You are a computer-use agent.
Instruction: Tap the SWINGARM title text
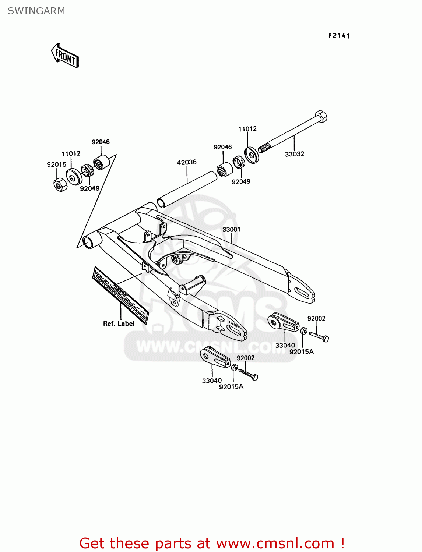(36, 11)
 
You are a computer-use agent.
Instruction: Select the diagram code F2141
(339, 36)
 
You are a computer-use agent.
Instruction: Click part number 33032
(295, 154)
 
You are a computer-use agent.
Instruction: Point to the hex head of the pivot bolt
(321, 117)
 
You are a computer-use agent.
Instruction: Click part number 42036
(187, 162)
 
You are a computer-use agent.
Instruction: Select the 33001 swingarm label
(231, 229)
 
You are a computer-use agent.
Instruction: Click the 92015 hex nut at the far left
(60, 184)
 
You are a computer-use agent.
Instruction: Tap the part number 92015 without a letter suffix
(56, 164)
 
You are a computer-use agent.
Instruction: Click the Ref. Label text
(119, 323)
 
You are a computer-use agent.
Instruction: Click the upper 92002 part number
(316, 318)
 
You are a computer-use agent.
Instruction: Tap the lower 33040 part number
(212, 381)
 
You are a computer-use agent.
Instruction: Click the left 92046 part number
(101, 142)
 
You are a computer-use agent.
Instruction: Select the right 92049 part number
(241, 181)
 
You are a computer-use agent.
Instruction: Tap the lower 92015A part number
(231, 386)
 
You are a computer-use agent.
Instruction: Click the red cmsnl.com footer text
(212, 543)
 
